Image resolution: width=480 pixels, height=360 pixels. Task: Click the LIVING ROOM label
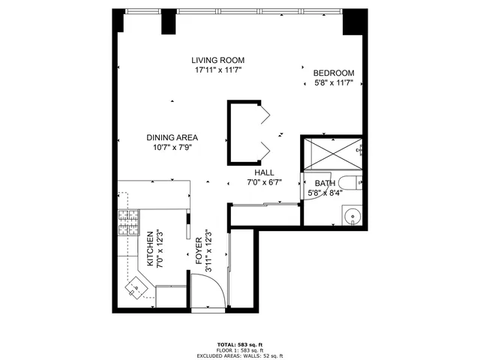[x=217, y=60]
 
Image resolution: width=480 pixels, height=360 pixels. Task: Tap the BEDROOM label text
[x=334, y=73]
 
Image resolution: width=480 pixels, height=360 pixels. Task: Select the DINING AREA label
[x=172, y=137]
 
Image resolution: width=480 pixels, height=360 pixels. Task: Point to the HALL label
[x=263, y=172]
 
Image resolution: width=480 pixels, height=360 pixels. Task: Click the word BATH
[x=324, y=183]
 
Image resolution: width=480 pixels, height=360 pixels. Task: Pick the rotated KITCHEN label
[x=150, y=249]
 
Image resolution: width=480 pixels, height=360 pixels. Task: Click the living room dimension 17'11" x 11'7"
[x=217, y=70]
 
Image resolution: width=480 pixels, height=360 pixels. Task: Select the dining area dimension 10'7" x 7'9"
[x=172, y=147]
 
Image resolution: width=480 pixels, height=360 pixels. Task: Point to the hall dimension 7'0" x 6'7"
[x=263, y=182]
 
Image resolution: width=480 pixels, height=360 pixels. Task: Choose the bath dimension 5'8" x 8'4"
[x=324, y=193]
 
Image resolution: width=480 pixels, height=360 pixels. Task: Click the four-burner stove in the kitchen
[x=127, y=222]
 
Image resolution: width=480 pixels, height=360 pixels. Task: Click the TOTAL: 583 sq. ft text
[x=241, y=343]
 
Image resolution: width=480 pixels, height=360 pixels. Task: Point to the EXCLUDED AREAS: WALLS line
[x=241, y=355]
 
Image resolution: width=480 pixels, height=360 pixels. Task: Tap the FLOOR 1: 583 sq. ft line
[x=241, y=349]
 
